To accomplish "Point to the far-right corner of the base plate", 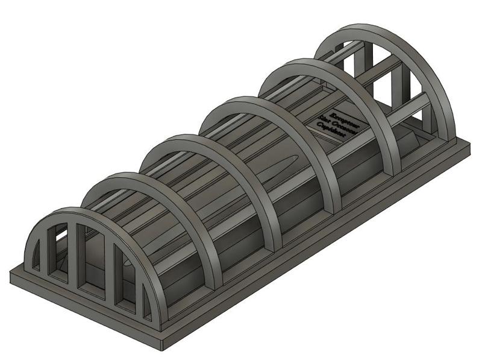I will coord(469,144).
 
